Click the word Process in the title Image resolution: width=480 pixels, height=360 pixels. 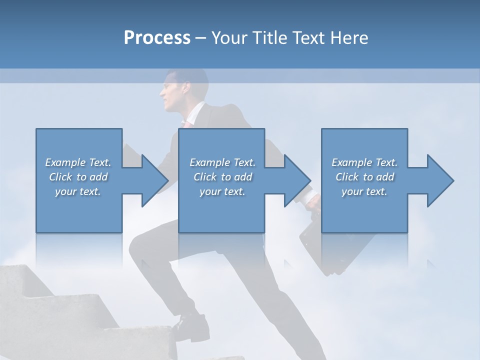(157, 37)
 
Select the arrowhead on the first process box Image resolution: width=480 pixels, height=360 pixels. (152, 180)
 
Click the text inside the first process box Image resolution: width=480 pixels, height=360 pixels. (78, 176)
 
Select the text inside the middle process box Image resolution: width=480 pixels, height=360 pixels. (222, 176)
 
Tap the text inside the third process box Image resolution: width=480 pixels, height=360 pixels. (364, 176)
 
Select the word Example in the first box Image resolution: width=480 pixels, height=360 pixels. (65, 162)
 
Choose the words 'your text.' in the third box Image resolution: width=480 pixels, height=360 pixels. (364, 191)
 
